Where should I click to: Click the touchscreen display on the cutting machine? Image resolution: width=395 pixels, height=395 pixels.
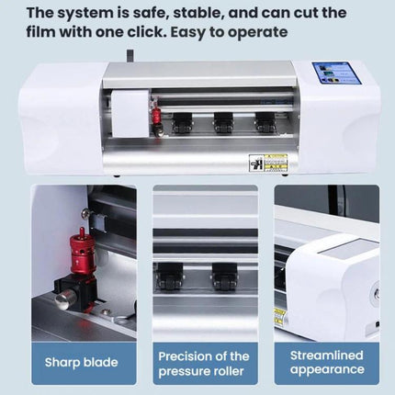pyautogui.click(x=337, y=73)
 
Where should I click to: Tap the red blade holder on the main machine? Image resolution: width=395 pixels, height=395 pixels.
pyautogui.click(x=157, y=118)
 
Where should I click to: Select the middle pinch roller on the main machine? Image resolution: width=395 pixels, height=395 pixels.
pyautogui.click(x=223, y=123)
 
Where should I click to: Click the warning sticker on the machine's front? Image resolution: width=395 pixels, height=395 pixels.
pyautogui.click(x=268, y=163)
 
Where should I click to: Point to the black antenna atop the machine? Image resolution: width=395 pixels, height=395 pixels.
pyautogui.click(x=130, y=56)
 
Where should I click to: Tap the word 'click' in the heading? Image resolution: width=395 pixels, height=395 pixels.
pyautogui.click(x=144, y=32)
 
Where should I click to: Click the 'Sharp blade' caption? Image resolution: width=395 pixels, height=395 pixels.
pyautogui.click(x=82, y=362)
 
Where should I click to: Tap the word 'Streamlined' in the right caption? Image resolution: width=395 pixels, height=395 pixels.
pyautogui.click(x=327, y=355)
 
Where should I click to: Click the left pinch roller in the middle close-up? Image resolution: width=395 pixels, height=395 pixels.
pyautogui.click(x=170, y=276)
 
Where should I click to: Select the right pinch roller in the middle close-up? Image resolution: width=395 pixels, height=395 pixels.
pyautogui.click(x=224, y=276)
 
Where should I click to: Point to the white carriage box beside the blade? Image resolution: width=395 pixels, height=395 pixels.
pyautogui.click(x=130, y=114)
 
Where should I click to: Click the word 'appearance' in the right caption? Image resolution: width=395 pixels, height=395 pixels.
pyautogui.click(x=327, y=370)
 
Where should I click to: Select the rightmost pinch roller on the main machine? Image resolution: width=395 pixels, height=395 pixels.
pyautogui.click(x=265, y=123)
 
